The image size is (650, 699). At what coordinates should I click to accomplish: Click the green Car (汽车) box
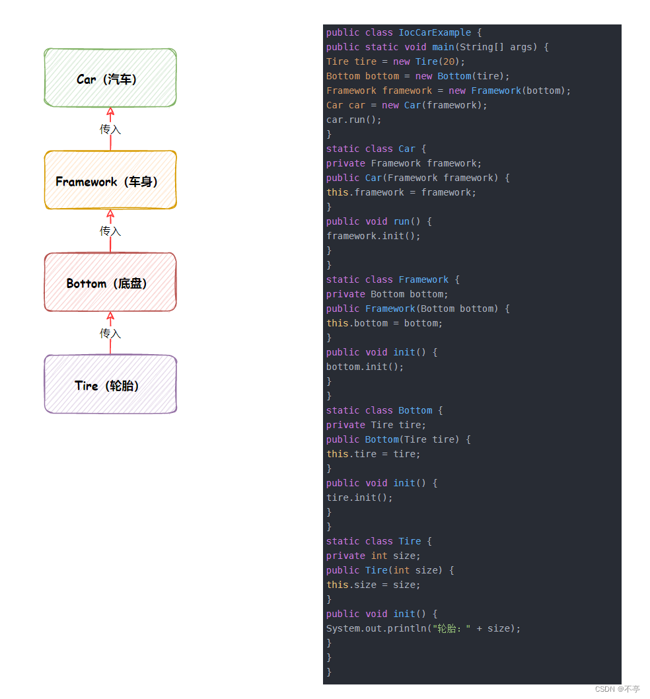pyautogui.click(x=110, y=77)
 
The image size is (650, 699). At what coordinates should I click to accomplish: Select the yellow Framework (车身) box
pyautogui.click(x=110, y=180)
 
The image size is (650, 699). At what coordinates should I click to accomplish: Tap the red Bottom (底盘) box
pyautogui.click(x=110, y=282)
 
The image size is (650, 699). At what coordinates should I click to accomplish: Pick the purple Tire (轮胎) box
pyautogui.click(x=110, y=384)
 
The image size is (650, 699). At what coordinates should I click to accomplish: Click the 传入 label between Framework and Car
pyautogui.click(x=110, y=129)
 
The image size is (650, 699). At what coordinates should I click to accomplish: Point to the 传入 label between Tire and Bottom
pyautogui.click(x=110, y=334)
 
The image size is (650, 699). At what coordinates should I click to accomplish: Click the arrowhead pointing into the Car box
pyautogui.click(x=110, y=112)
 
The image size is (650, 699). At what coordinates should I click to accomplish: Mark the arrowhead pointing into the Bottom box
pyautogui.click(x=110, y=316)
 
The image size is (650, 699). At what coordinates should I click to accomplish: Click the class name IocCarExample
pyautogui.click(x=435, y=32)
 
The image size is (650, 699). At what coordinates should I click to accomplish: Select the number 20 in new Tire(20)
pyautogui.click(x=449, y=61)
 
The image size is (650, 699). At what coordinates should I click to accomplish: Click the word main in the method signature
pyautogui.click(x=443, y=47)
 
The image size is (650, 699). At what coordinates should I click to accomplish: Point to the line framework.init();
pyautogui.click(x=373, y=236)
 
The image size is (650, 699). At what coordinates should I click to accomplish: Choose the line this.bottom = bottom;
pyautogui.click(x=384, y=323)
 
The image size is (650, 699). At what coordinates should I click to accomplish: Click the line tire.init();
pyautogui.click(x=359, y=497)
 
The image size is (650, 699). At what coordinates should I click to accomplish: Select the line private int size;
pyautogui.click(x=373, y=556)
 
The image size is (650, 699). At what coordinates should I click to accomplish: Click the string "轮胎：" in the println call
pyautogui.click(x=451, y=628)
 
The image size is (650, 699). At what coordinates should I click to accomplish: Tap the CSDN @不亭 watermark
pyautogui.click(x=617, y=688)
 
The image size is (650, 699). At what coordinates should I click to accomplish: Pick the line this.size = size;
pyautogui.click(x=373, y=585)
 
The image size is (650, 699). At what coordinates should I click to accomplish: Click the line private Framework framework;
pyautogui.click(x=404, y=163)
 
